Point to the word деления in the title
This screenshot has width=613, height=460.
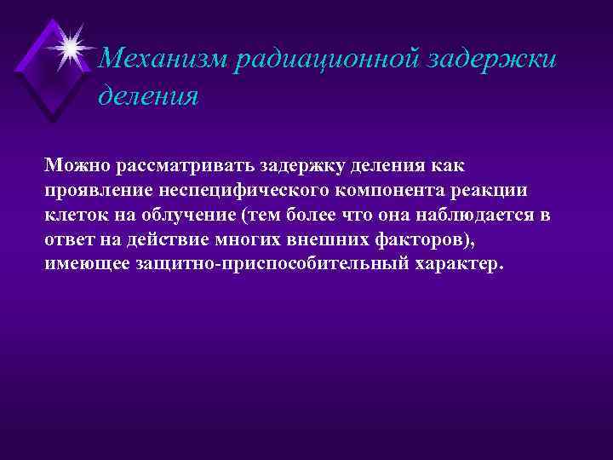coord(149,95)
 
